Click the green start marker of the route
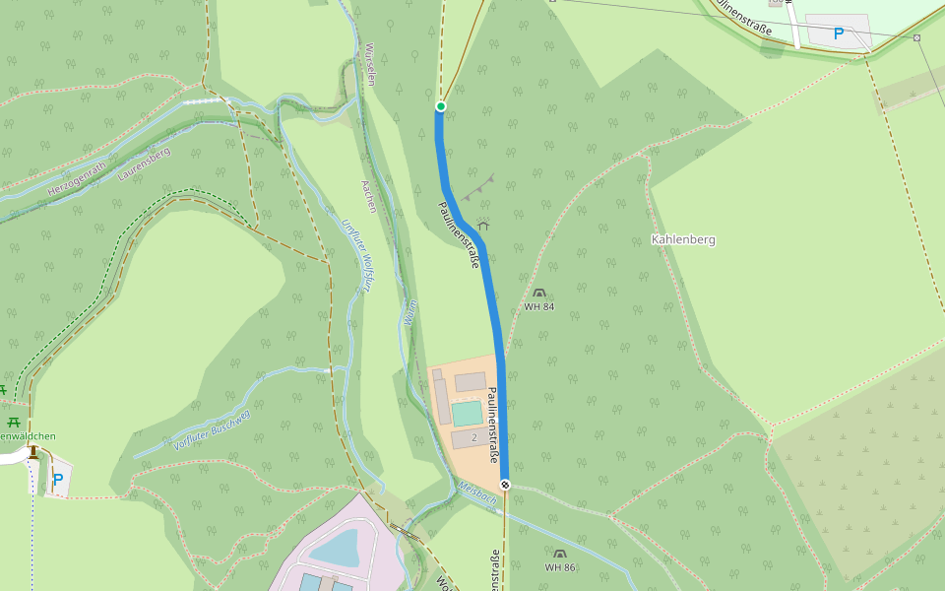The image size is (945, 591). (441, 106)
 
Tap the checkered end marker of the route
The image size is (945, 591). (505, 485)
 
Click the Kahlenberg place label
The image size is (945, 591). (683, 239)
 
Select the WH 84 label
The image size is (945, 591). (538, 307)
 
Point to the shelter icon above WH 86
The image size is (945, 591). (560, 555)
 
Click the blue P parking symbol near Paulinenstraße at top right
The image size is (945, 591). (839, 33)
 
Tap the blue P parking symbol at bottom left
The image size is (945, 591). (58, 480)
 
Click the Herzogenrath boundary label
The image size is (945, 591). (77, 175)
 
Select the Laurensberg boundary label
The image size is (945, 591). (144, 164)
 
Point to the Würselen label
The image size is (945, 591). (370, 65)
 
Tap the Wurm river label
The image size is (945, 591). (409, 313)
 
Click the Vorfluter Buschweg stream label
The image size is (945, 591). (212, 429)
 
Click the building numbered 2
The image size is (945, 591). (473, 437)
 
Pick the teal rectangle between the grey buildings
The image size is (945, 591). (467, 413)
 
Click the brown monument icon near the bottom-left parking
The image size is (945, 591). (33, 452)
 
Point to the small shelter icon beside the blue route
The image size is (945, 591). (482, 226)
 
